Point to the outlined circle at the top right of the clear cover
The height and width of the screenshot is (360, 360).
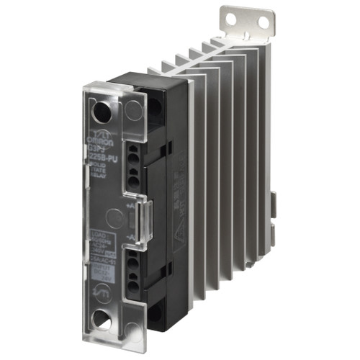pyautogui.click(x=133, y=111)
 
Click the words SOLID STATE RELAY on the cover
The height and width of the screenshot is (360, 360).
pyautogui.click(x=104, y=166)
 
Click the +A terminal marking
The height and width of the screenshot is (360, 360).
pyautogui.click(x=129, y=207)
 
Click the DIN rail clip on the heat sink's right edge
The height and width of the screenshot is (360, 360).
pyautogui.click(x=274, y=205)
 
